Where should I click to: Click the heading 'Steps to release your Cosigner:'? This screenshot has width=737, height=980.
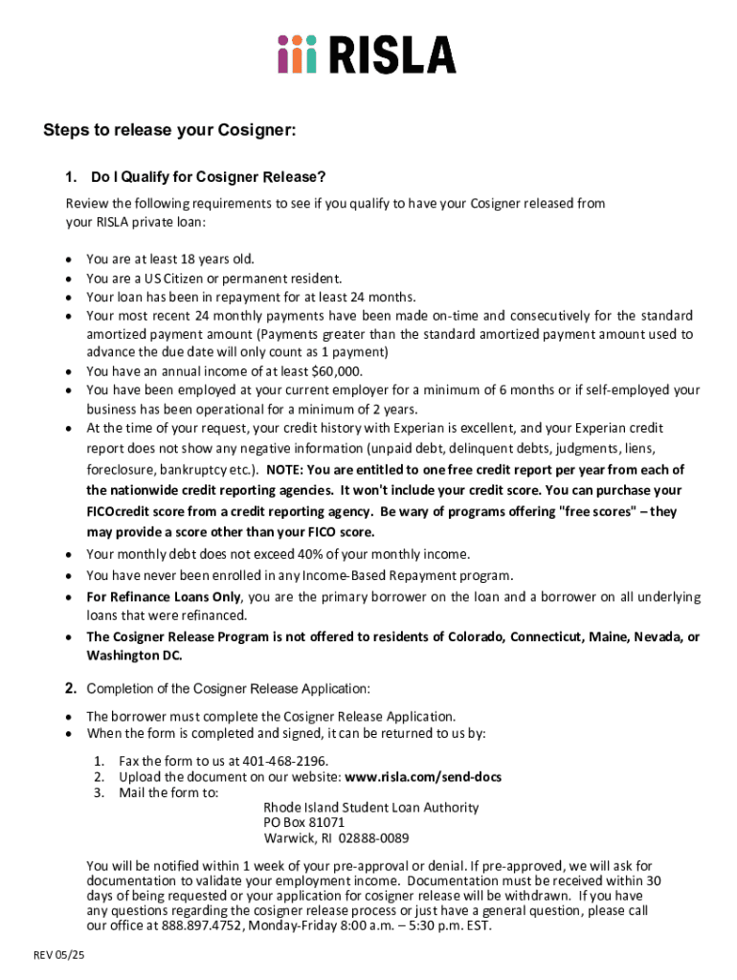pyautogui.click(x=169, y=131)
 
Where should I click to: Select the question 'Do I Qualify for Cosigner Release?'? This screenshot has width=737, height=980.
pyautogui.click(x=208, y=177)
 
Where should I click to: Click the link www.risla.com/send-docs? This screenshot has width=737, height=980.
pyautogui.click(x=422, y=776)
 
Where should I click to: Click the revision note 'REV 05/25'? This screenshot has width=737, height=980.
pyautogui.click(x=59, y=956)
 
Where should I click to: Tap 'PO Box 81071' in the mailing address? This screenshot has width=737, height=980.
pyautogui.click(x=304, y=822)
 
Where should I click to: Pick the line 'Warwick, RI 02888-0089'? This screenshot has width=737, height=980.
pyautogui.click(x=336, y=838)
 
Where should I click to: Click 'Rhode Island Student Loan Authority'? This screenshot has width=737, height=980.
pyautogui.click(x=371, y=807)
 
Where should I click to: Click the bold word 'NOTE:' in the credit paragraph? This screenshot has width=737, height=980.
pyautogui.click(x=284, y=470)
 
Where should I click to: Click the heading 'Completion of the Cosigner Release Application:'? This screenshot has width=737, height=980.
pyautogui.click(x=229, y=689)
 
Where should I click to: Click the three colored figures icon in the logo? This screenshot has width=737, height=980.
pyautogui.click(x=297, y=55)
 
